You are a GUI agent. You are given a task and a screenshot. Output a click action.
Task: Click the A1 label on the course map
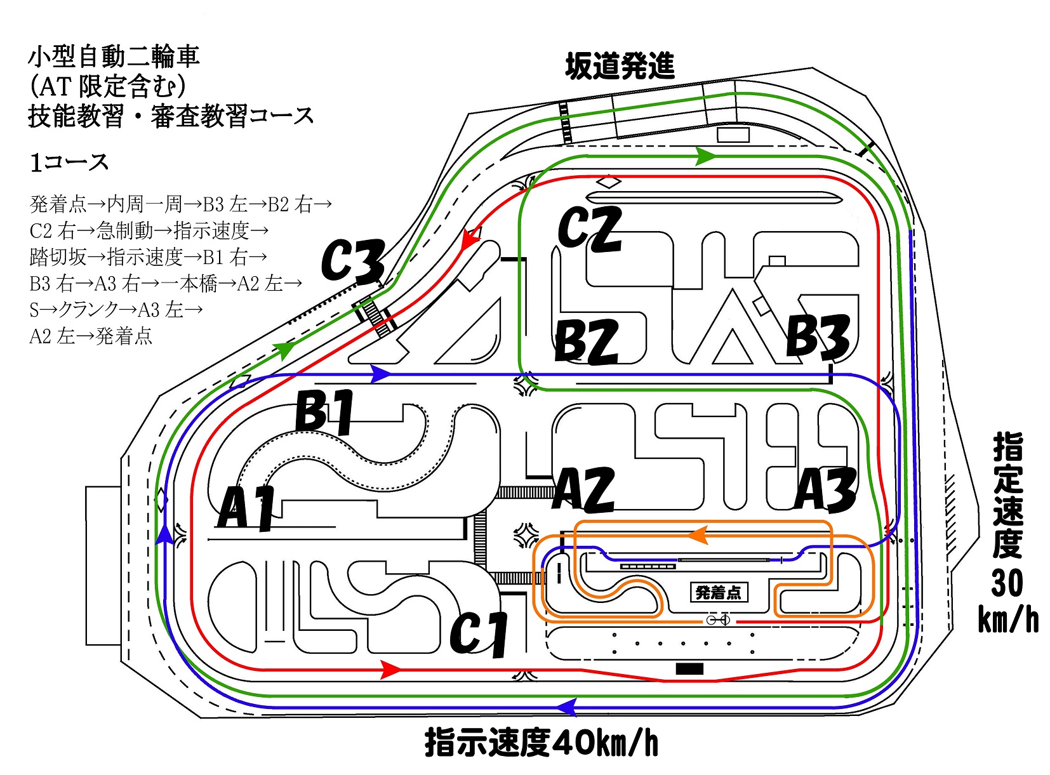(x=247, y=508)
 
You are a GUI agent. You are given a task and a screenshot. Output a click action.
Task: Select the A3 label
(x=826, y=490)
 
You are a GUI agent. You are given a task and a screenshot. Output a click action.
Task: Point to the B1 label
(x=325, y=411)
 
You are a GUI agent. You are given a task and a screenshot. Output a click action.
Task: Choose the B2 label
(x=586, y=341)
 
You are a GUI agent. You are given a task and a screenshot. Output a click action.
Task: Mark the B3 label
(x=818, y=335)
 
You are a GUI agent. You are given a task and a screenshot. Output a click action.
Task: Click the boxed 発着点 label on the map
(x=718, y=592)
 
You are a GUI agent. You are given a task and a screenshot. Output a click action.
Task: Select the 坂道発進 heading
(x=620, y=66)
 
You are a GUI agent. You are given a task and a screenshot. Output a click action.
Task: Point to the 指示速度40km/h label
(x=542, y=743)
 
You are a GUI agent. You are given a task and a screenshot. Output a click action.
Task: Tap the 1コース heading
(x=70, y=162)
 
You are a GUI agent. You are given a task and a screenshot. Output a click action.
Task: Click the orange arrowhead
(x=697, y=536)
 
